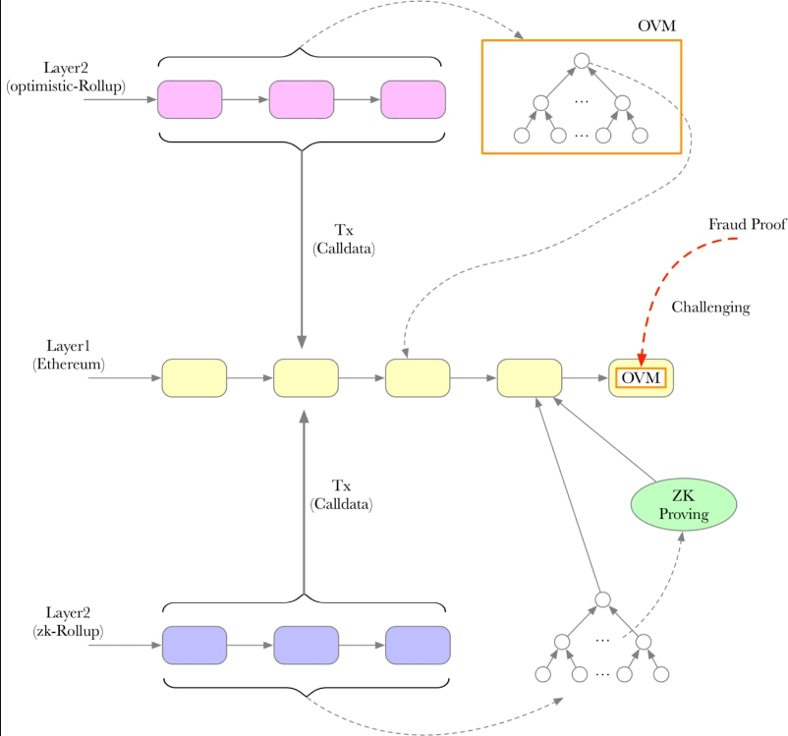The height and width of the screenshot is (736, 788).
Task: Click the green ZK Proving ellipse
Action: pos(684,504)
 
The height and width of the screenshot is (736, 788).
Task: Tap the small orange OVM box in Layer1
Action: pos(641,377)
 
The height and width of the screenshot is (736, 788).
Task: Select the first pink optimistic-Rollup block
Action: pos(190,99)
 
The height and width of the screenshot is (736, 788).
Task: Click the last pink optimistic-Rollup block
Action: pos(413,99)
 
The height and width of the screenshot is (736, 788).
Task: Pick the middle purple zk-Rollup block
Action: pos(306,645)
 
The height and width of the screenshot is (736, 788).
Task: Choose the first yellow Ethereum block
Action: pos(194,378)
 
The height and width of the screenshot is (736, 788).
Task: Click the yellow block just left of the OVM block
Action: pos(530,378)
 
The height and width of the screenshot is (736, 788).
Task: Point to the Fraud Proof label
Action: pos(747,224)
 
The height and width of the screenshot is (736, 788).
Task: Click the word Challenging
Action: pos(710,308)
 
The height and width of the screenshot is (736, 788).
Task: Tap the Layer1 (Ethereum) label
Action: pos(69,355)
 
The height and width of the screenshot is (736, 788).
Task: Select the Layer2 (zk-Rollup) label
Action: pos(68,622)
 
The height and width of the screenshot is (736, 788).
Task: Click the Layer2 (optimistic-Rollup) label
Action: pos(66,77)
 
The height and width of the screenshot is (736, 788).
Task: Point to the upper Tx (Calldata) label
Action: pos(344,240)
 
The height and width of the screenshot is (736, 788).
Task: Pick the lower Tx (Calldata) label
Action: pos(341,494)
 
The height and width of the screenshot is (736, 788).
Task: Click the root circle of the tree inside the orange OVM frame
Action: pos(582,61)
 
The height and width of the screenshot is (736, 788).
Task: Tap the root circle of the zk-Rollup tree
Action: pos(602,599)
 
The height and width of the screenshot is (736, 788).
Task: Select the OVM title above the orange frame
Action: pos(656,26)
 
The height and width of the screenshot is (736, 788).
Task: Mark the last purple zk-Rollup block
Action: pos(418,645)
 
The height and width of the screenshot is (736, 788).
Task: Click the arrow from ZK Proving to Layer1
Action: pos(604,439)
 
